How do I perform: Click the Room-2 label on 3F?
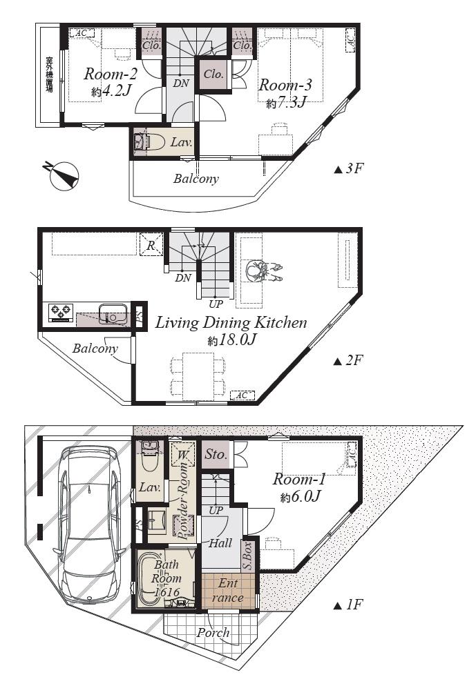pyautogui.click(x=108, y=74)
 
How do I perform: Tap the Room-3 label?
pyautogui.click(x=285, y=85)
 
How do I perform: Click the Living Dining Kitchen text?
pyautogui.click(x=230, y=322)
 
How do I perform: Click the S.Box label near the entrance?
pyautogui.click(x=247, y=555)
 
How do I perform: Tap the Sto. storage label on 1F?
pyautogui.click(x=216, y=455)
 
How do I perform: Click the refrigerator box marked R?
pyautogui.click(x=151, y=244)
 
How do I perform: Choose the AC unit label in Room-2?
pyautogui.click(x=82, y=32)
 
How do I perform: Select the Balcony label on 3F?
pyautogui.click(x=196, y=179)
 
